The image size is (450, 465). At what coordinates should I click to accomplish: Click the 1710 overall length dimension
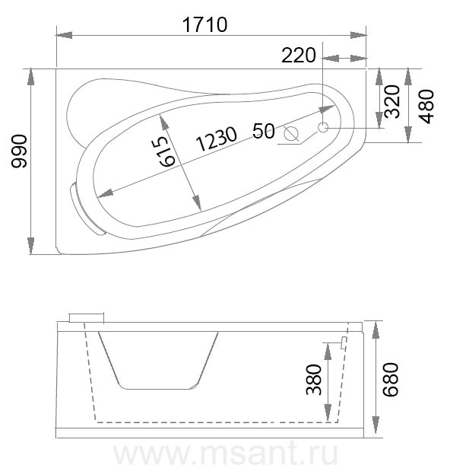205,24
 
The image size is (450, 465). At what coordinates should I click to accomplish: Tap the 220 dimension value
299,56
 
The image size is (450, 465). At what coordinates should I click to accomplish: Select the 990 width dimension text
19,151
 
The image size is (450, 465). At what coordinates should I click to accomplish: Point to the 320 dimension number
392,101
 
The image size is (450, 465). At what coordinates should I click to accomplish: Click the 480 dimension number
426,107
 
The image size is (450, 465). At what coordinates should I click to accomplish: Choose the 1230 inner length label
217,139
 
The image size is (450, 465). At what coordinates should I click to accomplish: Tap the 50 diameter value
264,131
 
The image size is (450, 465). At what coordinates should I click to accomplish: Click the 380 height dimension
314,380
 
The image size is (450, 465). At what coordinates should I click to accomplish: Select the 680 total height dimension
391,379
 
